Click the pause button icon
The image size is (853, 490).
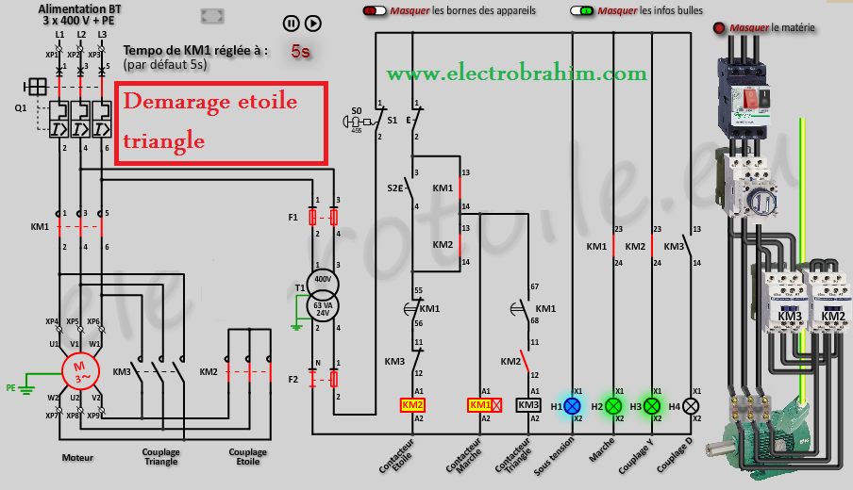[x=292, y=24]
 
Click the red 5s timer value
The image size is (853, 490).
[x=300, y=52]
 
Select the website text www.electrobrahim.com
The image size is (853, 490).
[x=516, y=73]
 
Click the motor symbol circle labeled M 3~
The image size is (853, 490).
[x=79, y=370]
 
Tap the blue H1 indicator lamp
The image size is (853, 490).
[x=571, y=405]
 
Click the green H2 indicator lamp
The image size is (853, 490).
[x=611, y=405]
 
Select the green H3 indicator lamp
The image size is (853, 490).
[x=651, y=405]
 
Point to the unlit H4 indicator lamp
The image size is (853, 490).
[x=691, y=405]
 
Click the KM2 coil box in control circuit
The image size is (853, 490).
[x=412, y=405]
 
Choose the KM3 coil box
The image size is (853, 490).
[x=528, y=405]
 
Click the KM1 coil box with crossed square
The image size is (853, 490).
[x=484, y=405]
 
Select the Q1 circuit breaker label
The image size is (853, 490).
[x=20, y=107]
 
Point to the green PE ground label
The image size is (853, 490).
[x=10, y=387]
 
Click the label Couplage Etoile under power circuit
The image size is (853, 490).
[x=247, y=457]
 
